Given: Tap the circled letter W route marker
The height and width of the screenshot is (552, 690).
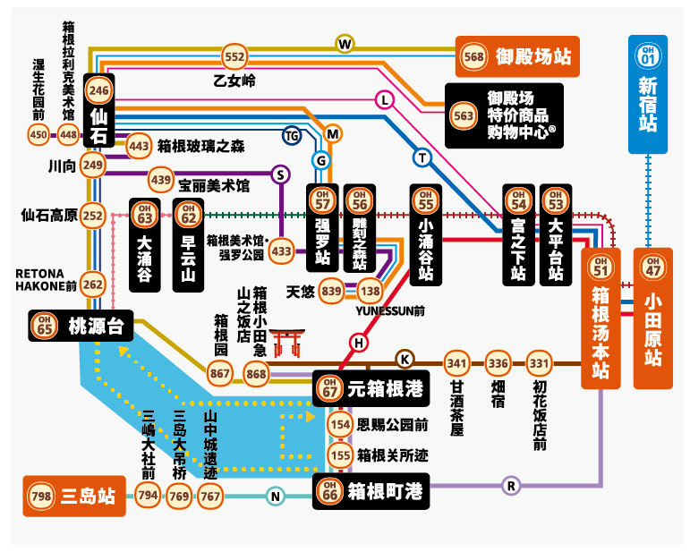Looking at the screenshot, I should (x=345, y=44).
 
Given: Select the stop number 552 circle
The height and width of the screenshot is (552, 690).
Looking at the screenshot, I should (x=234, y=57).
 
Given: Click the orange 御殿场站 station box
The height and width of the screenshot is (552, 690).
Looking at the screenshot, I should (x=516, y=57).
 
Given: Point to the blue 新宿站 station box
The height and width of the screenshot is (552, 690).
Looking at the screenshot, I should (x=648, y=94).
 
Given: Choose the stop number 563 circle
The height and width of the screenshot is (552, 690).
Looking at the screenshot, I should (x=464, y=115).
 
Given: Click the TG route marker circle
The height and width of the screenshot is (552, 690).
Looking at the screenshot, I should (x=292, y=135).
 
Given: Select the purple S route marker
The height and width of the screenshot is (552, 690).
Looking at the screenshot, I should (x=281, y=174).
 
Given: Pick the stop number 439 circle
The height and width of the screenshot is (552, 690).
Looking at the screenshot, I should (x=161, y=180).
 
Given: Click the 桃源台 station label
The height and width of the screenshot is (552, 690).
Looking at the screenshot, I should (x=81, y=327).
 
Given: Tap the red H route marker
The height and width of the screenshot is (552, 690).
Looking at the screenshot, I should (x=360, y=342).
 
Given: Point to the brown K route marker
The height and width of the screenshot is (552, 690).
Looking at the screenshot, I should (x=405, y=359).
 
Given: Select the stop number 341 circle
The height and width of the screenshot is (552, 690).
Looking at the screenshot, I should (x=457, y=363).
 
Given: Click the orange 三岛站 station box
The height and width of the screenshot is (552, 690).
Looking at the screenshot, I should (x=73, y=497).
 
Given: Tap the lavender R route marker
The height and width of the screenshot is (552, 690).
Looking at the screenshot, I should (x=512, y=486).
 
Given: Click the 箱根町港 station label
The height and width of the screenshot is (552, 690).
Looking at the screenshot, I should (x=371, y=491).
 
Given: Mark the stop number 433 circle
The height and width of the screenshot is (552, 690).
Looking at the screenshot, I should (x=282, y=251).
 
